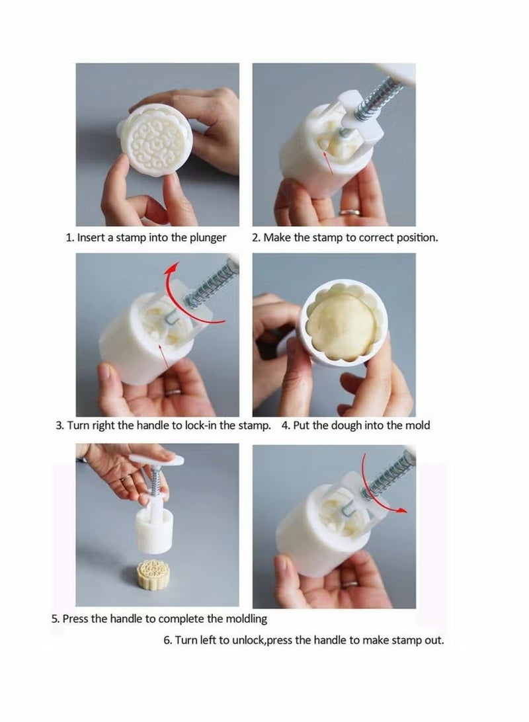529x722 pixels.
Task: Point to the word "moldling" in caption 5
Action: click(x=246, y=620)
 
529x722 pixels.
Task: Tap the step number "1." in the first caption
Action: click(x=70, y=237)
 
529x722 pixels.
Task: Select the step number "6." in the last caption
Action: click(x=168, y=640)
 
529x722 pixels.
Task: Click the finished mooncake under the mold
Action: click(x=154, y=575)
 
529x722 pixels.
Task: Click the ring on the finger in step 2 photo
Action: click(x=349, y=213)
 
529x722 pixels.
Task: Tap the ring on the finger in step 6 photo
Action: click(x=349, y=584)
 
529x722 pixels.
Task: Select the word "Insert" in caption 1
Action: click(x=91, y=237)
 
